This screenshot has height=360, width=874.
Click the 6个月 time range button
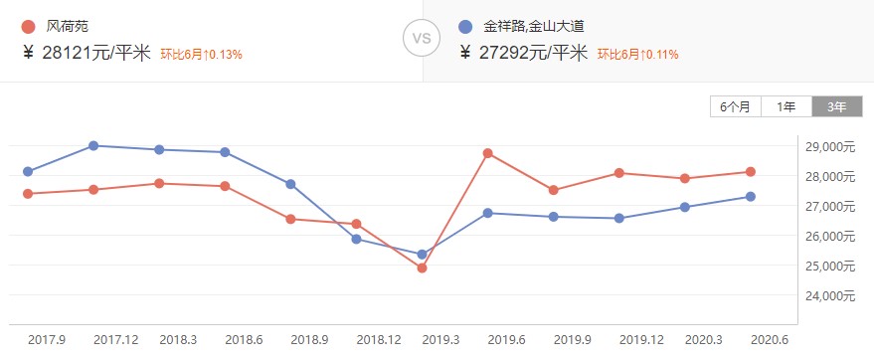[736, 106]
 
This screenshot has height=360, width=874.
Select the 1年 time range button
[787, 106]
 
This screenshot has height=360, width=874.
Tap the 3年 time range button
[837, 106]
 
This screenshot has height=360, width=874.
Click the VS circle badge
[421, 40]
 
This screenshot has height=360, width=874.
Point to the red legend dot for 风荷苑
[27, 26]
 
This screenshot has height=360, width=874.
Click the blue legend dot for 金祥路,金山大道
[465, 26]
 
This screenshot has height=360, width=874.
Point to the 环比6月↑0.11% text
[638, 54]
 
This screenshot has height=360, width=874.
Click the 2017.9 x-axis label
[47, 340]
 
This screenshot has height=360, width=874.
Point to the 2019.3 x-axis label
[440, 340]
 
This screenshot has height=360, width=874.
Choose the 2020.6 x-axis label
[769, 340]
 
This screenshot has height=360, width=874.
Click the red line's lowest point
[422, 268]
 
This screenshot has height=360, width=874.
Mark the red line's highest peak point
[487, 153]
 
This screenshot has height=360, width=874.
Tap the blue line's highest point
[93, 145]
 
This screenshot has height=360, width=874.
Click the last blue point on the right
[751, 196]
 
